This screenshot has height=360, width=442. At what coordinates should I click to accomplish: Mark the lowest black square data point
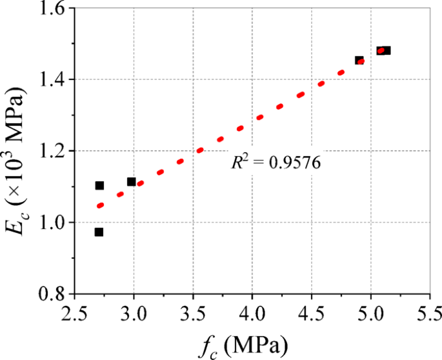(99, 232)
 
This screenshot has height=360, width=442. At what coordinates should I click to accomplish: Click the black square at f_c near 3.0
(132, 182)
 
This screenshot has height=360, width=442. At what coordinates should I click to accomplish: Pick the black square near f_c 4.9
(359, 61)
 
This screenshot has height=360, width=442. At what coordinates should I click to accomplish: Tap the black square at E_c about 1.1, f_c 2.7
(99, 186)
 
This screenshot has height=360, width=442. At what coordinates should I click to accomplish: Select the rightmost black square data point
(386, 50)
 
